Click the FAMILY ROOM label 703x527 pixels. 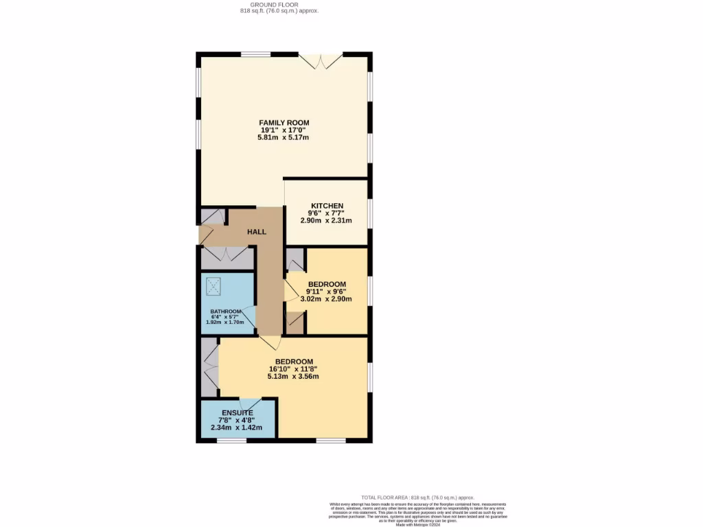pyautogui.click(x=284, y=123)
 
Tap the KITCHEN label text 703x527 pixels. pyautogui.click(x=327, y=207)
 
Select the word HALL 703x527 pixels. pyautogui.click(x=257, y=232)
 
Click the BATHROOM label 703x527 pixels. pyautogui.click(x=226, y=312)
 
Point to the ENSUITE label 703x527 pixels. pyautogui.click(x=237, y=412)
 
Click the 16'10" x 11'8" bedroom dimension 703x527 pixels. pyautogui.click(x=294, y=369)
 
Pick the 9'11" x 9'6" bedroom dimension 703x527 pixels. pyautogui.click(x=326, y=292)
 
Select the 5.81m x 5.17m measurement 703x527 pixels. pyautogui.click(x=284, y=137)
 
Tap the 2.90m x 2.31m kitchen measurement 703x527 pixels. pyautogui.click(x=327, y=221)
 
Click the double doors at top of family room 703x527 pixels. pyautogui.click(x=322, y=60)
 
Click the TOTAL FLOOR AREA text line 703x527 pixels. pyautogui.click(x=417, y=497)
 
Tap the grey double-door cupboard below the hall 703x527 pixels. pyautogui.click(x=227, y=258)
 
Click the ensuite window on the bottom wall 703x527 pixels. pyautogui.click(x=231, y=441)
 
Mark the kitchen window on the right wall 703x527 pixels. pyautogui.click(x=370, y=213)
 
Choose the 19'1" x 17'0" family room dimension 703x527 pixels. pyautogui.click(x=284, y=130)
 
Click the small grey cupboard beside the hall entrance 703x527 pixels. pyautogui.click(x=213, y=216)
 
